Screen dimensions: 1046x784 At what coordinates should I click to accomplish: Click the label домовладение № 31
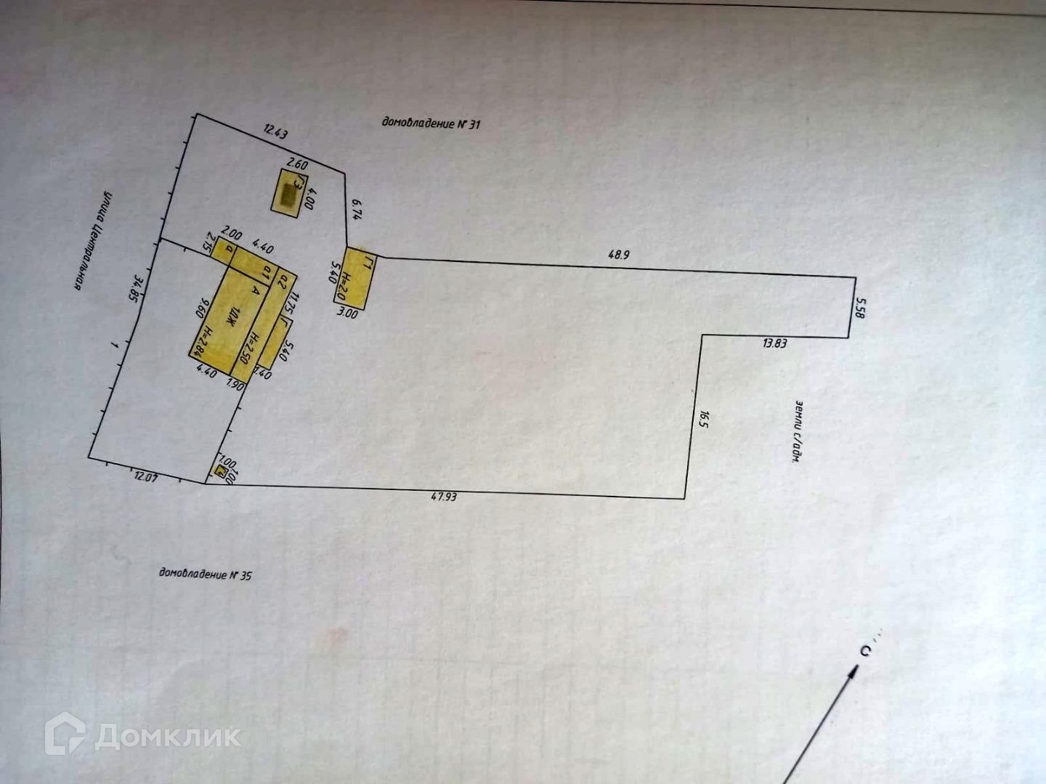coord(431,123)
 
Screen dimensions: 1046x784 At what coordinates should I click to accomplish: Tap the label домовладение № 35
coord(206,575)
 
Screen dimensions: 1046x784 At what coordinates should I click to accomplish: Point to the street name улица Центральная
coord(94,241)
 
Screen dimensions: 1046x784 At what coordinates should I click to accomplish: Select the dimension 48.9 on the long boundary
coord(619,255)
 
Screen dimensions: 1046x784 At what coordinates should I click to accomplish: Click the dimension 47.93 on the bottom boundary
coord(443,497)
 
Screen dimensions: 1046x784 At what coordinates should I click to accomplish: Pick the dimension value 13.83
coord(774,343)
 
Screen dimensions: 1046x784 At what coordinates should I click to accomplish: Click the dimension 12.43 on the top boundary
coord(275,131)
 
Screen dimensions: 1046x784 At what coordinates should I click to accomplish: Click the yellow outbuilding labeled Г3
coord(289,190)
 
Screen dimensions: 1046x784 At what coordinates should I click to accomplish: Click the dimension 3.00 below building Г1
coord(349,313)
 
